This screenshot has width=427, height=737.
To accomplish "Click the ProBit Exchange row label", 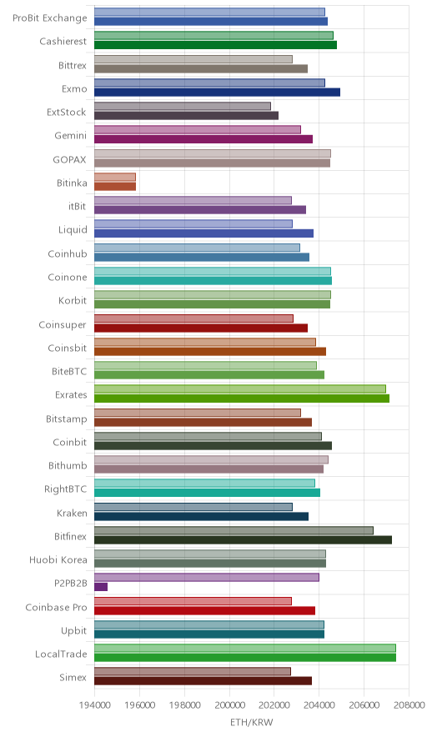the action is click(50, 18).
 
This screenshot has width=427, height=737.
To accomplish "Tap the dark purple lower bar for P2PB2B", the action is click(101, 587).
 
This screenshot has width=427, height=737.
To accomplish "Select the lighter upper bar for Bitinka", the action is click(115, 178).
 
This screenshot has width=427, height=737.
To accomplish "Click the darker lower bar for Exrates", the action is click(242, 399).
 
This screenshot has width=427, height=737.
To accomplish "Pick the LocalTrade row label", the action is click(61, 654).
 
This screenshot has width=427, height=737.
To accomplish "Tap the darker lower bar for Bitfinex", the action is click(244, 539).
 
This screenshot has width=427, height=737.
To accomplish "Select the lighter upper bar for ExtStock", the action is click(183, 106).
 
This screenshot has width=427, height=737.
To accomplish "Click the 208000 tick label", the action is click(409, 705).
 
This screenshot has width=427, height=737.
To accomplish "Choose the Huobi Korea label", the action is click(58, 559).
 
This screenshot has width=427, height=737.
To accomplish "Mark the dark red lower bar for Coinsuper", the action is click(201, 328).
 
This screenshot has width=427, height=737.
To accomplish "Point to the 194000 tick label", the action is click(94, 705).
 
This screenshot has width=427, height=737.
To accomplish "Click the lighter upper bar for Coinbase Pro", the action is click(193, 601).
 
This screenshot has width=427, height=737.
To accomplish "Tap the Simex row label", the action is click(73, 677).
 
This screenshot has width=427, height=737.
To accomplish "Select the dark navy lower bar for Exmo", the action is click(218, 92).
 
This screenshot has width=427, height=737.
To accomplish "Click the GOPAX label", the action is click(69, 160).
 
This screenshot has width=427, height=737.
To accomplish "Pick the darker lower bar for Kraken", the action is click(201, 517).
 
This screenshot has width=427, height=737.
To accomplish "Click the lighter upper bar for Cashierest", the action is click(214, 35).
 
